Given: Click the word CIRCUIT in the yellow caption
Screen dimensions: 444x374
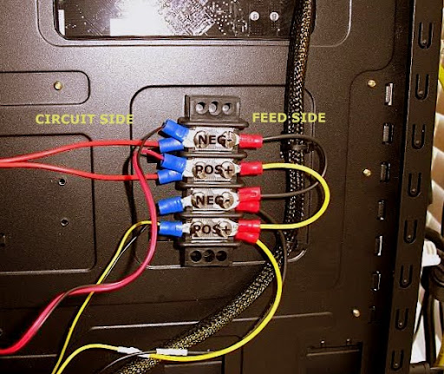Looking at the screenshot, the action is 65,119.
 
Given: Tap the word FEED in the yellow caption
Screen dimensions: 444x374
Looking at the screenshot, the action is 271,118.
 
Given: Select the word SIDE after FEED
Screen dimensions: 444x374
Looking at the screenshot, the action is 309,118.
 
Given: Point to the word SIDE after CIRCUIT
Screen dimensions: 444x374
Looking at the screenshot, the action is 116,119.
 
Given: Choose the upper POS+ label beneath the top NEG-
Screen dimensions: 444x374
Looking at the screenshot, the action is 214,170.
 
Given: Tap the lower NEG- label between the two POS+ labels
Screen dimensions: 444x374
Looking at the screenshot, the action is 214,200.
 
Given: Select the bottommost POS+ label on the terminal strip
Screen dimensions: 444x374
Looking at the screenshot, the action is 212,230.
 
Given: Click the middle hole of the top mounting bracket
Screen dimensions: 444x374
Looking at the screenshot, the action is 213,108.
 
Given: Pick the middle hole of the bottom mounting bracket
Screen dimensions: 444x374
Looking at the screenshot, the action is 208,256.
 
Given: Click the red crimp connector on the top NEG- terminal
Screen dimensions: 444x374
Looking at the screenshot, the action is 251,141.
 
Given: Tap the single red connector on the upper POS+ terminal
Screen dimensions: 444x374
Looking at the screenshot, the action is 251,169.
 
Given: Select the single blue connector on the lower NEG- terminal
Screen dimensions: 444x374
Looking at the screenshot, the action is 171,205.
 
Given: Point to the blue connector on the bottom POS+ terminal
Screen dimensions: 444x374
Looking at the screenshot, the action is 171,228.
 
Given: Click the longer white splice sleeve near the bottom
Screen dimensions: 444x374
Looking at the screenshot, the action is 172,352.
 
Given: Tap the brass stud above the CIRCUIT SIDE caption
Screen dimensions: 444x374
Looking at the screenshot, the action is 58,85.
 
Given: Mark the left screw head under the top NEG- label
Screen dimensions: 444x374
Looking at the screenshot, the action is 200,140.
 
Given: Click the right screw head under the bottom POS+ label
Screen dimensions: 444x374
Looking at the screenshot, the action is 225,229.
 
